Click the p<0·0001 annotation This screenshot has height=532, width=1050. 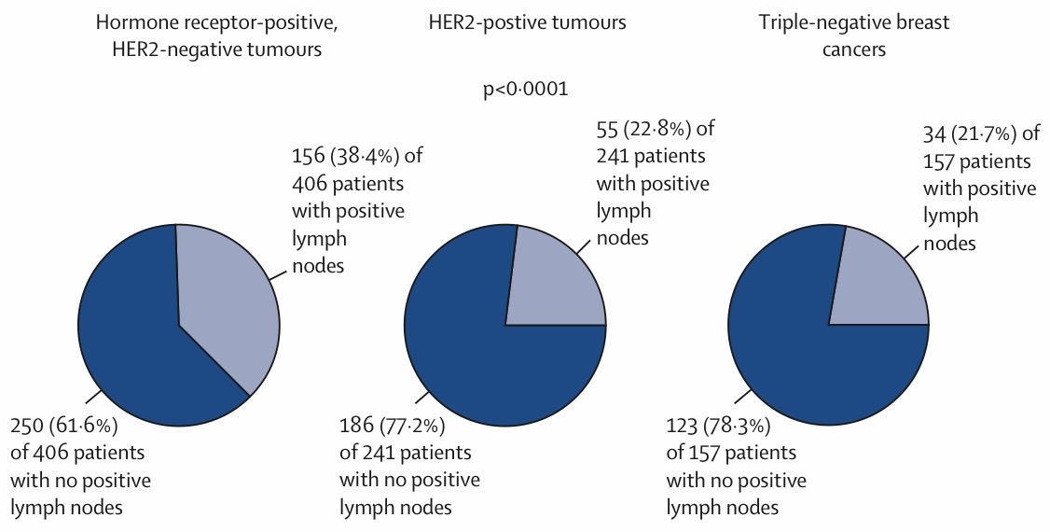tap(526, 89)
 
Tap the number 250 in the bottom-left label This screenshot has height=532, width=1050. tap(28, 425)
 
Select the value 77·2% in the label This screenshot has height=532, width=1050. tap(412, 425)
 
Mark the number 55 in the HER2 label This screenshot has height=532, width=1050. tap(607, 128)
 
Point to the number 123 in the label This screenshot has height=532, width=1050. tap(684, 425)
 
